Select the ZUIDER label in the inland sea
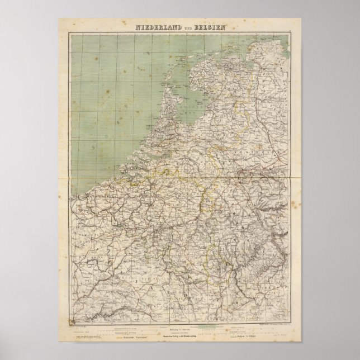tap(200, 105)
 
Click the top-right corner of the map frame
tap(292, 33)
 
